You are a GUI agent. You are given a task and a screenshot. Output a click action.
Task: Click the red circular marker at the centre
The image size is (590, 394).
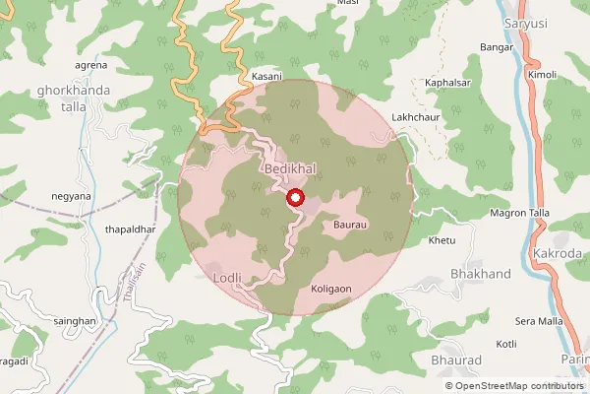click(x=294, y=198)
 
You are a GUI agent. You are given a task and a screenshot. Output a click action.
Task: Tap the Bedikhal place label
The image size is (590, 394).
click(x=290, y=170)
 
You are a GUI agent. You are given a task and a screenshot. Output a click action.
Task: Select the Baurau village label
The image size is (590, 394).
click(x=350, y=227)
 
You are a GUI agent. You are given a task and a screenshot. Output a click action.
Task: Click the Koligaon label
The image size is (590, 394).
click(x=330, y=290)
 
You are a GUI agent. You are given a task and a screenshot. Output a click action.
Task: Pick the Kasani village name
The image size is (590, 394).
click(x=266, y=76)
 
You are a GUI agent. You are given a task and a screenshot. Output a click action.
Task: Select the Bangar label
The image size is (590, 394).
click(x=497, y=47)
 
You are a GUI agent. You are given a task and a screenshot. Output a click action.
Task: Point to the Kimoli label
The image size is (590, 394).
click(x=541, y=75)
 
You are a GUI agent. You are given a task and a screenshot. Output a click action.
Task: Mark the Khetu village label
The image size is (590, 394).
click(x=443, y=240)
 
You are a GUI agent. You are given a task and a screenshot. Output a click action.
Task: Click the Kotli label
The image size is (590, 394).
click(x=506, y=344)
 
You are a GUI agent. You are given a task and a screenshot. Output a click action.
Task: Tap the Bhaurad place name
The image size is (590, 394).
click(x=456, y=361)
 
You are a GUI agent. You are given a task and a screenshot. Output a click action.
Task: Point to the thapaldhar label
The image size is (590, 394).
click(x=131, y=230)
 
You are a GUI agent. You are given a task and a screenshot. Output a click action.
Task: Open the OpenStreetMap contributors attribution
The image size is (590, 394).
click(x=519, y=384)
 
